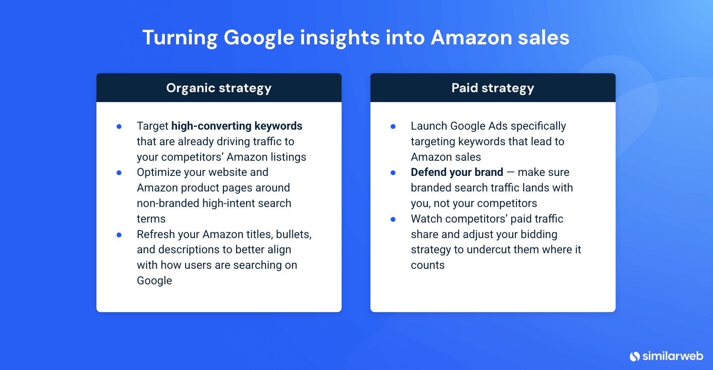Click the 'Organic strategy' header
[x=219, y=88]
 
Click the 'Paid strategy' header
[x=492, y=88]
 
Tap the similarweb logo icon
[x=634, y=356]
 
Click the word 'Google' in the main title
[x=259, y=38]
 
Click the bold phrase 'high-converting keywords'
[x=237, y=126]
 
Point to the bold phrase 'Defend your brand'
[x=457, y=172]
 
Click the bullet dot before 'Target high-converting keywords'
[x=119, y=127]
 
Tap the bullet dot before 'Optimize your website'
[x=119, y=173]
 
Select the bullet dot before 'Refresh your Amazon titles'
[x=119, y=235]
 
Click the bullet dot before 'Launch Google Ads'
[x=393, y=127]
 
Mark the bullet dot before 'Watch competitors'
[x=393, y=219]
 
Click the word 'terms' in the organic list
[x=151, y=219]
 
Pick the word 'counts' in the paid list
[x=427, y=265]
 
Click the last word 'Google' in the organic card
[x=155, y=281]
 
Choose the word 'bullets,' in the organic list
[x=293, y=234]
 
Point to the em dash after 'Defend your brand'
[x=510, y=172]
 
